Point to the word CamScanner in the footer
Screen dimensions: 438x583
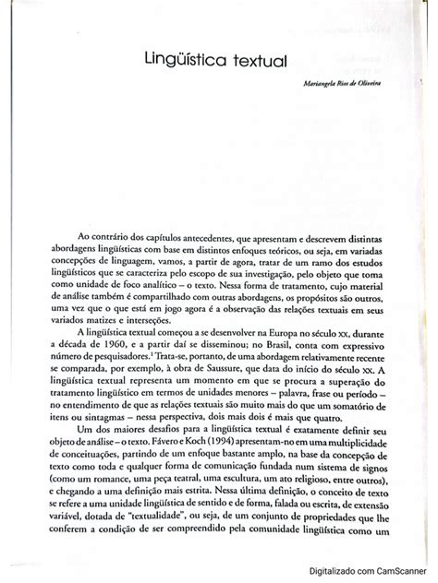click(x=401, y=572)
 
